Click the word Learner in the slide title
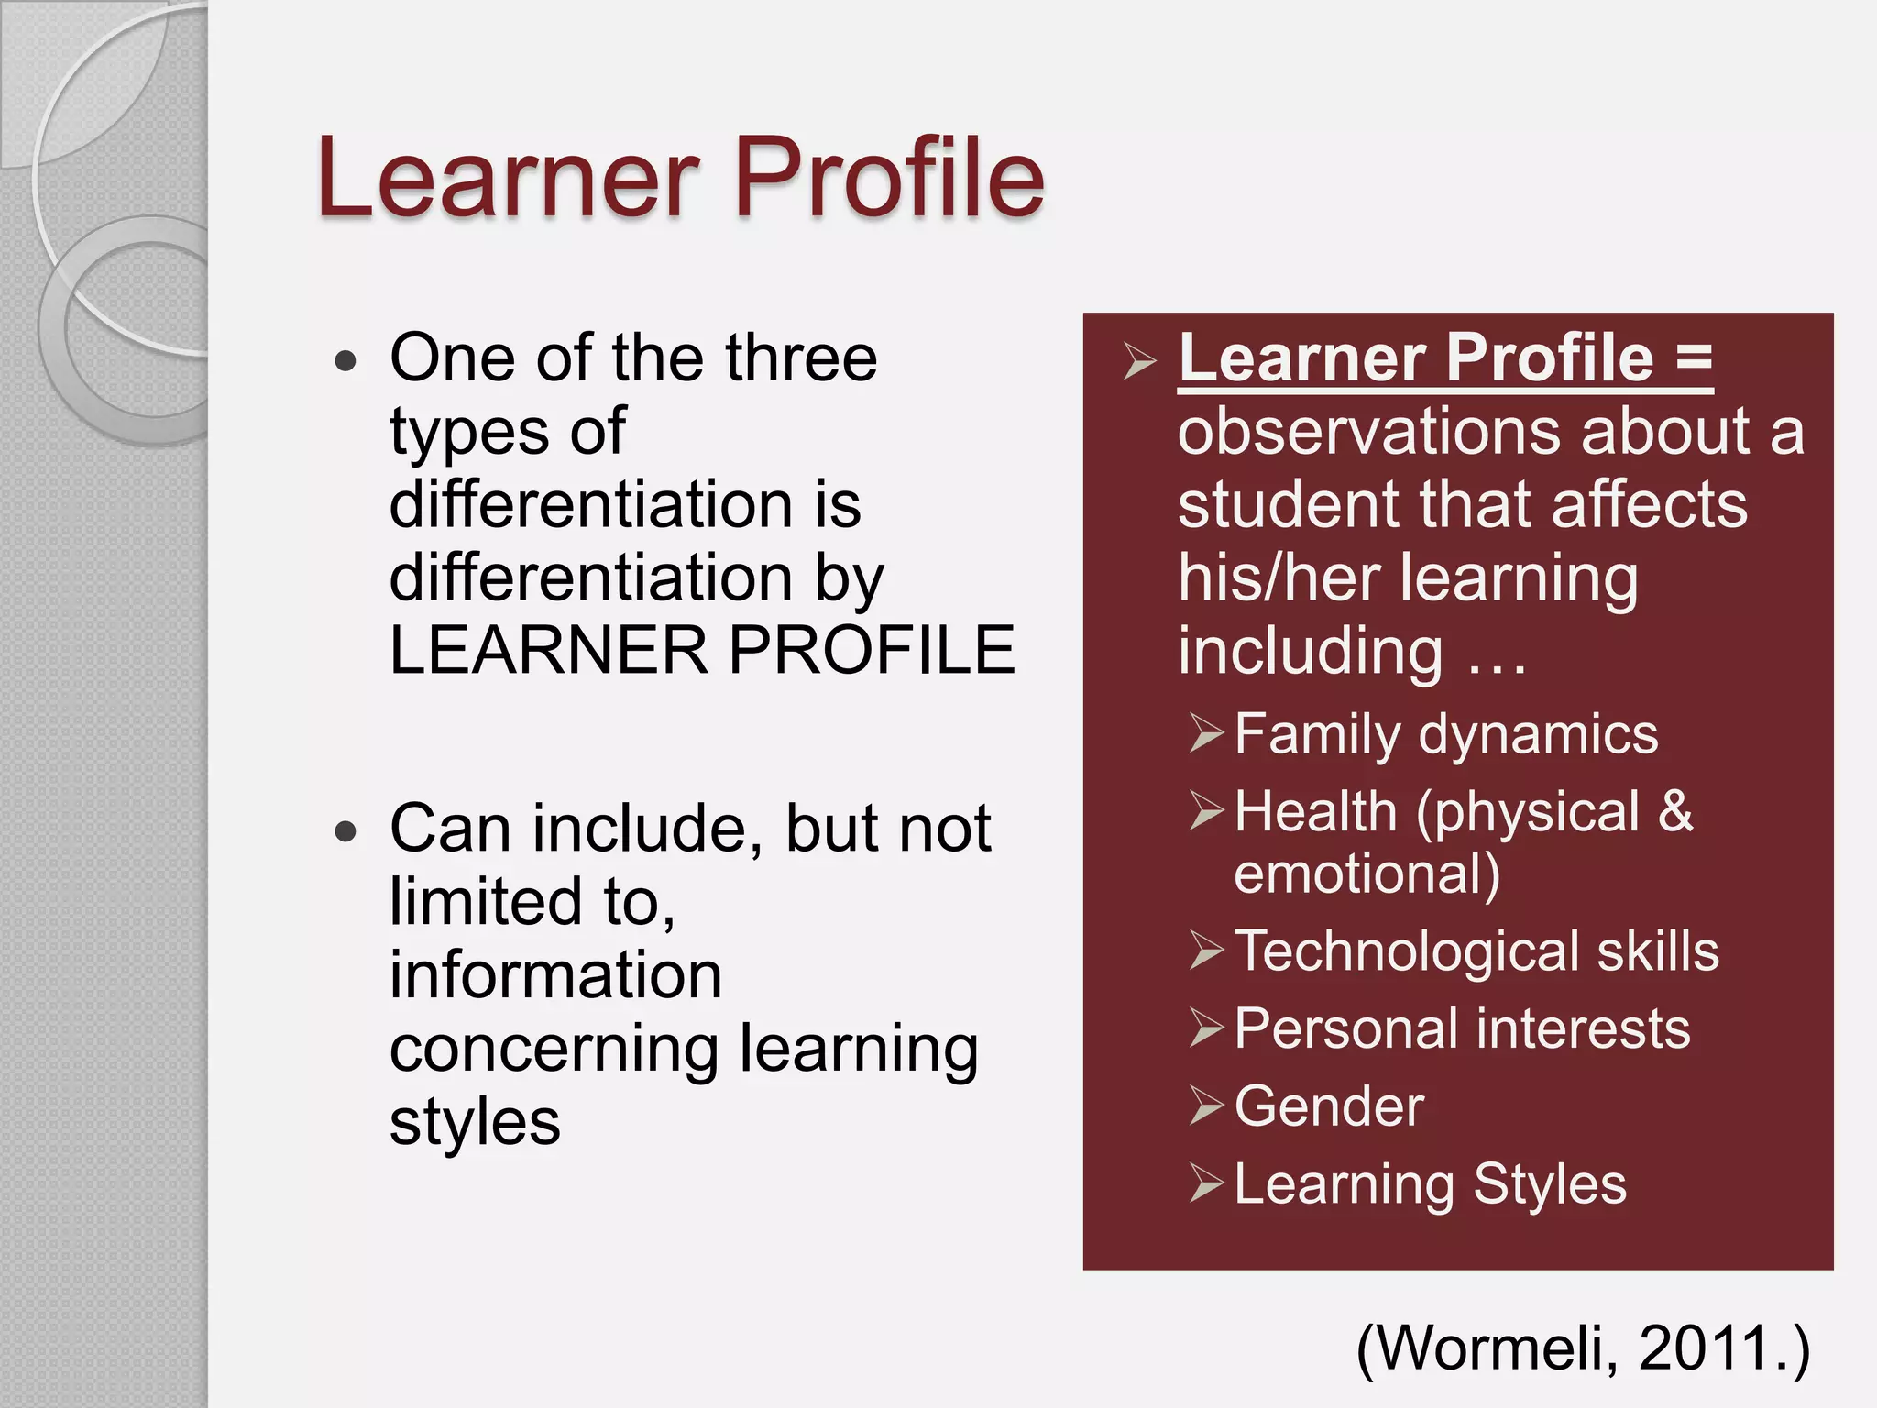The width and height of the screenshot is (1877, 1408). (x=509, y=178)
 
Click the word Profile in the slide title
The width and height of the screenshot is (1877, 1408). (x=888, y=178)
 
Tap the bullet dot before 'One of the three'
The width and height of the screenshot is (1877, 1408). (x=346, y=360)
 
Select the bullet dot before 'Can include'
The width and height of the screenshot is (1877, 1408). (x=346, y=832)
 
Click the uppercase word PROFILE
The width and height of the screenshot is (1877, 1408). (x=872, y=651)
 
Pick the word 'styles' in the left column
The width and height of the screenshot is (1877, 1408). (x=475, y=1124)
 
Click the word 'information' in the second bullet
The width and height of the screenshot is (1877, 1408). (x=555, y=975)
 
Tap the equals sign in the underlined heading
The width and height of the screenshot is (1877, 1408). (x=1694, y=359)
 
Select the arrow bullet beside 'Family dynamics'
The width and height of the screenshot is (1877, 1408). (x=1206, y=733)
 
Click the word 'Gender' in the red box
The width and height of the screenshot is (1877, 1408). (x=1329, y=1106)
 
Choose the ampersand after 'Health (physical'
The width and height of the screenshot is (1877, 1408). (x=1674, y=812)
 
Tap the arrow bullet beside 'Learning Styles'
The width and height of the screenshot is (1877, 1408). (x=1206, y=1183)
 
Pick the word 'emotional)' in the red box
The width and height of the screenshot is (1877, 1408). (x=1367, y=874)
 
